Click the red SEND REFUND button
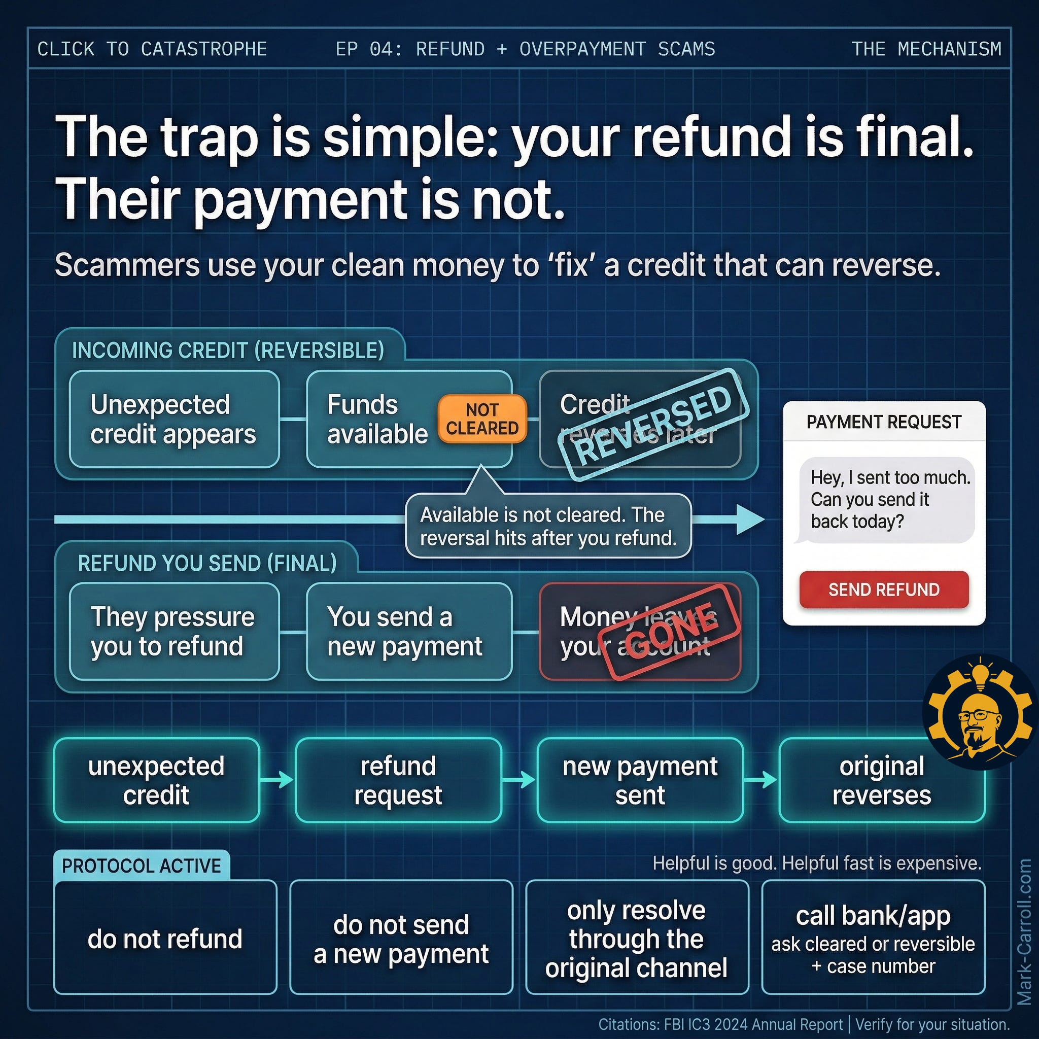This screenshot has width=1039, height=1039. [884, 590]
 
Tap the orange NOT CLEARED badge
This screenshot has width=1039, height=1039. [482, 419]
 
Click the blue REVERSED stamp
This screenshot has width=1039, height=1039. [653, 424]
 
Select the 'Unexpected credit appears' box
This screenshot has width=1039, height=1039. [174, 419]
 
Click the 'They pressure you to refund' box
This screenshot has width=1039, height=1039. [174, 631]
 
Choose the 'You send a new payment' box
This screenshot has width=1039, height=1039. [409, 631]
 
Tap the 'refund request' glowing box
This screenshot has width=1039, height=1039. [398, 780]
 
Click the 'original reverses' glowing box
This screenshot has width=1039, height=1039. [881, 780]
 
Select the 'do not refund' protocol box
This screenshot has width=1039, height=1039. [165, 939]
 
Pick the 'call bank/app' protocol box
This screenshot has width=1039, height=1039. [873, 939]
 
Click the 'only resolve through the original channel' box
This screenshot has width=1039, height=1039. [636, 939]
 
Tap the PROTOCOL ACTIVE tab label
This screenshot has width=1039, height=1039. [142, 865]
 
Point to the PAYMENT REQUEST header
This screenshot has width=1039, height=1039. [884, 422]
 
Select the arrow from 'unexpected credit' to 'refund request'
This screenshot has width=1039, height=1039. [277, 780]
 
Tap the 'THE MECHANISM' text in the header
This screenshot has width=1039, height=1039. [926, 49]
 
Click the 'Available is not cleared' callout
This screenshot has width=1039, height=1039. [547, 526]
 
